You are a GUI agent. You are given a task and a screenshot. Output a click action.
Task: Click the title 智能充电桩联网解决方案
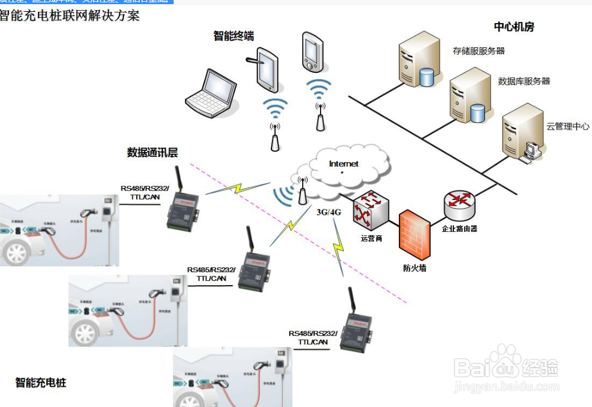pyautogui.click(x=70, y=15)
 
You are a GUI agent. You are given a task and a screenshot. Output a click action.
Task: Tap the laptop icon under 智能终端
pyautogui.click(x=212, y=93)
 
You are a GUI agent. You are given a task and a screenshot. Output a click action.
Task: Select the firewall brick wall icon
pyautogui.click(x=414, y=235)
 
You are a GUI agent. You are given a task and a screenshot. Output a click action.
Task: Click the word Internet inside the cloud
pyautogui.click(x=344, y=163)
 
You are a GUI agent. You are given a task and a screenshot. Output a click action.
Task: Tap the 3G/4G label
pyautogui.click(x=329, y=212)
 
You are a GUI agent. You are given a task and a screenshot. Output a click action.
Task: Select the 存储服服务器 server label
pyautogui.click(x=478, y=51)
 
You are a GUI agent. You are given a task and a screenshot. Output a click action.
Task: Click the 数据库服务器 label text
pyautogui.click(x=524, y=81)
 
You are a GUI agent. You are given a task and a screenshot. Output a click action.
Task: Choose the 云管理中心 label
pyautogui.click(x=567, y=126)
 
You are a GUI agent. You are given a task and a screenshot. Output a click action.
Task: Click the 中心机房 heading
pyautogui.click(x=514, y=27)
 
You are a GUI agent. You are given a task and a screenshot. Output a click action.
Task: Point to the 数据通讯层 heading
pyautogui.click(x=152, y=152)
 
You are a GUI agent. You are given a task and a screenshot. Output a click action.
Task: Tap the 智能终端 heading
pyautogui.click(x=233, y=36)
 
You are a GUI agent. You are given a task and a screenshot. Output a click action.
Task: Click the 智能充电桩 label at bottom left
pyautogui.click(x=41, y=382)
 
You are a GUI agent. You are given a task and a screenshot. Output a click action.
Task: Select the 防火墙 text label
pyautogui.click(x=414, y=268)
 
